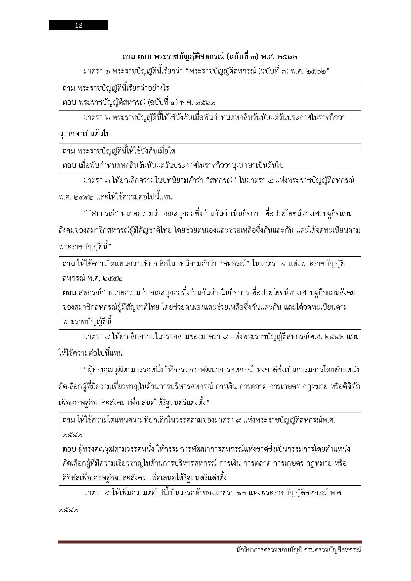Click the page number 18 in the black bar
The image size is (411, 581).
(79, 25)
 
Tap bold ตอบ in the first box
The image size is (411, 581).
(69, 103)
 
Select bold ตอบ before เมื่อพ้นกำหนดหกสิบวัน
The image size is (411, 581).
(69, 165)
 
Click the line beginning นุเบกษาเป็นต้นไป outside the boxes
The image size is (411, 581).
(84, 134)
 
